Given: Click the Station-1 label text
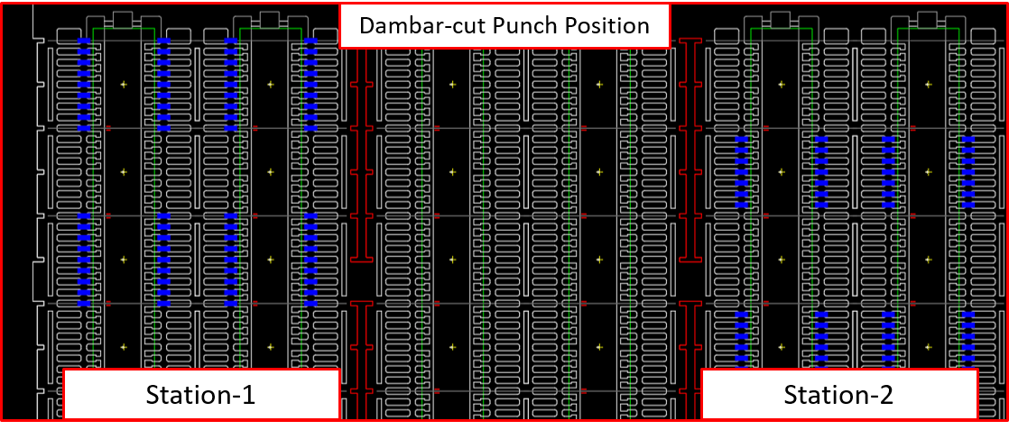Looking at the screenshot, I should coord(200,395).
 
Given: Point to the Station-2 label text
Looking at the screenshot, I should coord(838,395).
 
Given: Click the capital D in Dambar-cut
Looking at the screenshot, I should coord(366,25).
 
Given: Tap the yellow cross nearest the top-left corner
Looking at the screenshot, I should coord(124,85).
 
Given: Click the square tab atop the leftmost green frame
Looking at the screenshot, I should coord(124,20).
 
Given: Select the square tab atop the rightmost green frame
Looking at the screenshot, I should coord(927,20).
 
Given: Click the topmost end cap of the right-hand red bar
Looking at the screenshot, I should coord(690,42).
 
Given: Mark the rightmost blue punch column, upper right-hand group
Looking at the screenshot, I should coord(967,171).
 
